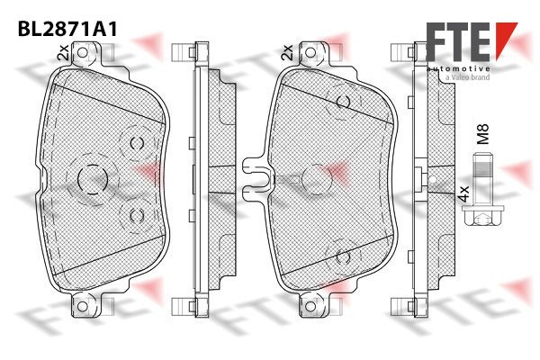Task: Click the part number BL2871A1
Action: (x=67, y=29)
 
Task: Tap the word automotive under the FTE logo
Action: (x=458, y=69)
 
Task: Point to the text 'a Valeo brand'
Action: (x=467, y=77)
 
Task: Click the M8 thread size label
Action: (x=482, y=134)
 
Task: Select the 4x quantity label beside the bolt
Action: (x=463, y=194)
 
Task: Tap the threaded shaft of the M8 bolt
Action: (x=481, y=179)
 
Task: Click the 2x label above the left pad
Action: (x=64, y=52)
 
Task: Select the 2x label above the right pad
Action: (x=287, y=52)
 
